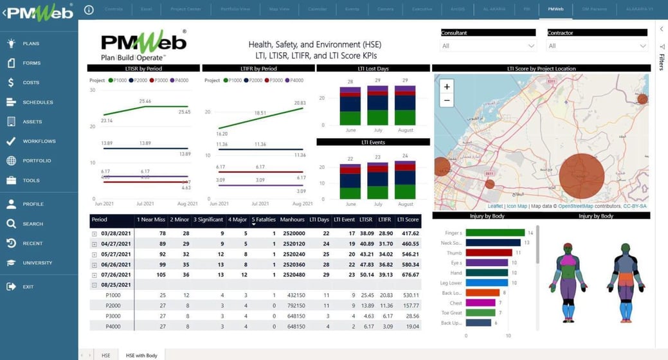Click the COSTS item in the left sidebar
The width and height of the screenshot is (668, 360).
31,83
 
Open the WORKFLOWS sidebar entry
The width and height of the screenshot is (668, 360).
39,141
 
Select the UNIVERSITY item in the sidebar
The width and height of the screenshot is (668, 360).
37,263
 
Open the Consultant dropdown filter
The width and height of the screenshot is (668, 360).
488,46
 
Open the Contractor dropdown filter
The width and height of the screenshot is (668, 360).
597,46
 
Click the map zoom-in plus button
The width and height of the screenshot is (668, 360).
447,86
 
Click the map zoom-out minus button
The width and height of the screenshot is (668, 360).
447,101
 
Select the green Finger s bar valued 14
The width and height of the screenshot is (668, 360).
494,233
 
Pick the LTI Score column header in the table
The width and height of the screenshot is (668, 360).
408,220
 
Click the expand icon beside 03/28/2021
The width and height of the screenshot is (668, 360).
95,233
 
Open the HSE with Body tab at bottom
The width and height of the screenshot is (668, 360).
141,355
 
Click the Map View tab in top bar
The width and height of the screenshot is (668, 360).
278,10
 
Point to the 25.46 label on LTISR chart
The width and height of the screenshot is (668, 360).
145,101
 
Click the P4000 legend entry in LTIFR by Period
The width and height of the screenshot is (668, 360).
293,80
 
